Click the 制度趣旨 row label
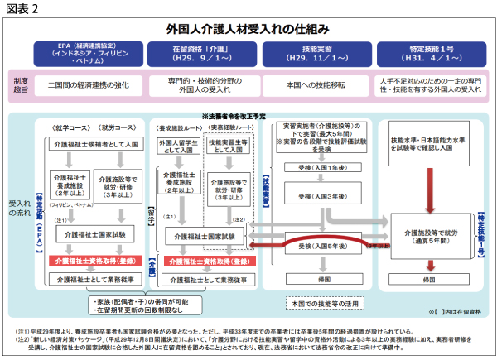(x=22, y=86)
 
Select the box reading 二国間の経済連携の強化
(x=90, y=86)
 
